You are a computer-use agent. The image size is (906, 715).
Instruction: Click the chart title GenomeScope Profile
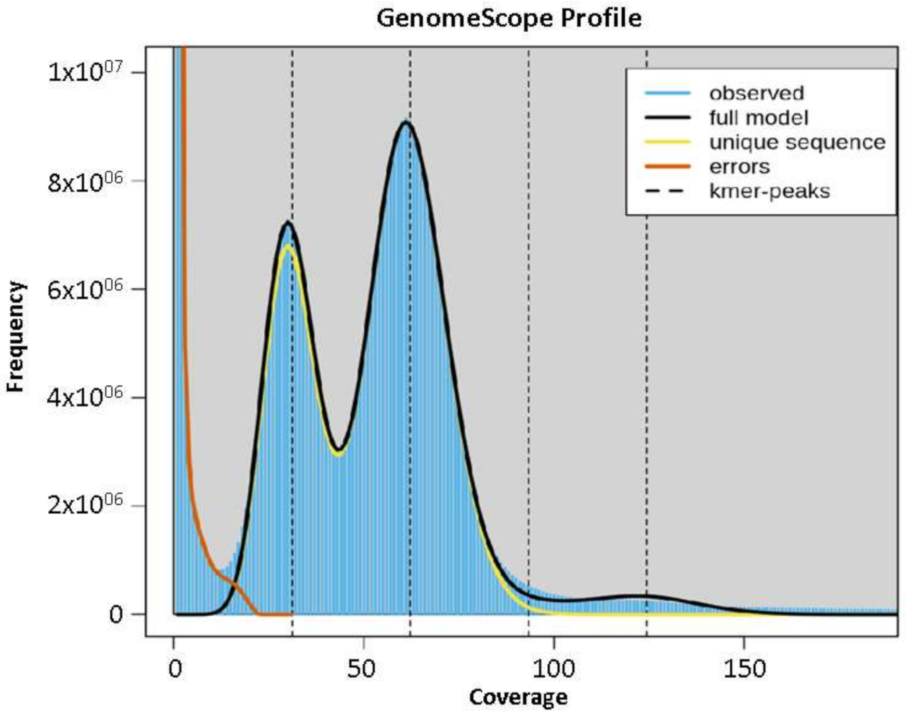509,19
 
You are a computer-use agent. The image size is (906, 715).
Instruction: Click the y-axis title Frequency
16,336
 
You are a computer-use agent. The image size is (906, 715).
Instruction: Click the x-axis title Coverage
518,697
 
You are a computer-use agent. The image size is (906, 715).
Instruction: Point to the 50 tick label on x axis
362,669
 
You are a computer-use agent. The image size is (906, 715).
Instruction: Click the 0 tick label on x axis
175,669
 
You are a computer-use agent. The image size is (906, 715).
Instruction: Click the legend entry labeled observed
756,93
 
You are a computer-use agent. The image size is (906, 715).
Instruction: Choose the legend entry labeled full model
758,118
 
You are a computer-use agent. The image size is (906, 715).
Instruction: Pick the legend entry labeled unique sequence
797,142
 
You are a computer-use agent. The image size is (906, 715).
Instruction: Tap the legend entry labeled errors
739,167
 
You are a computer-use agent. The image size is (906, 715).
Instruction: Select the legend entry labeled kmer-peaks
769,191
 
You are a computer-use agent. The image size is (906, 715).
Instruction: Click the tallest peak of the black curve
406,122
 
